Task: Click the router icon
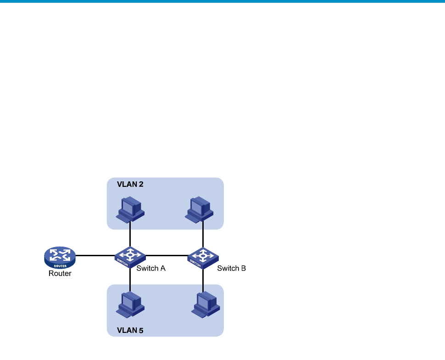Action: (x=60, y=258)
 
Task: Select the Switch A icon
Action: (x=130, y=257)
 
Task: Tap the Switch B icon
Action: (x=203, y=258)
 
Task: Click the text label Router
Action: (x=60, y=273)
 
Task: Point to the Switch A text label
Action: (x=151, y=268)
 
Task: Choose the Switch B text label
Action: (x=232, y=268)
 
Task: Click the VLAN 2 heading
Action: (x=130, y=185)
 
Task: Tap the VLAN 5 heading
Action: (x=130, y=330)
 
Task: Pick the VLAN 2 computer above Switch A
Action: (x=130, y=209)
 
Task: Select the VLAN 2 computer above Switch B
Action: (x=199, y=209)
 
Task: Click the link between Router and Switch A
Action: (x=95, y=255)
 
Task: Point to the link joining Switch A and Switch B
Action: (x=167, y=255)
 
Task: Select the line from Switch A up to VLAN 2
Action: (x=130, y=234)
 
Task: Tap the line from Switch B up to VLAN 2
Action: (x=203, y=234)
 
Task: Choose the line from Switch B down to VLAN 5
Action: (x=203, y=280)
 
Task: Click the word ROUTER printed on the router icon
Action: (x=60, y=266)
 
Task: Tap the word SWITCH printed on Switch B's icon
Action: (x=195, y=263)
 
